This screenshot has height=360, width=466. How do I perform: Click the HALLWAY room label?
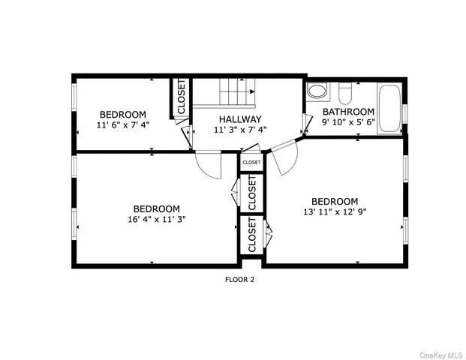tap(240, 119)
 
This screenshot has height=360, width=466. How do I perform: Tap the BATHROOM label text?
tap(348, 111)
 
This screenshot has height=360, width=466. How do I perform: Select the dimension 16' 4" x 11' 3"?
tap(157, 220)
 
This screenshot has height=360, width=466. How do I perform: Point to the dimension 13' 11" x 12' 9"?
tap(335, 212)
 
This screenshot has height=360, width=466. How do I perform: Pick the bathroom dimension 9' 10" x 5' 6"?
tap(348, 121)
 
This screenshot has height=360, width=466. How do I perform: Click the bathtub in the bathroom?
tap(390, 109)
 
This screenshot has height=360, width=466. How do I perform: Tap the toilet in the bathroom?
tap(345, 93)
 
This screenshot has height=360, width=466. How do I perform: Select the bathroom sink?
tap(317, 92)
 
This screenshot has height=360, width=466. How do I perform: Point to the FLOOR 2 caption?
tap(240, 280)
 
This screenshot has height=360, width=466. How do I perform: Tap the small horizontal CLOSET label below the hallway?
tap(251, 162)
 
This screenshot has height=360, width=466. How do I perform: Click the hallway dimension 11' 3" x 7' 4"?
tap(240, 130)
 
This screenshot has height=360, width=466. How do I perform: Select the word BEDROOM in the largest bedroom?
tap(157, 208)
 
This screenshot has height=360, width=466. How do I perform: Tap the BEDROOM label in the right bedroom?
tap(335, 201)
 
